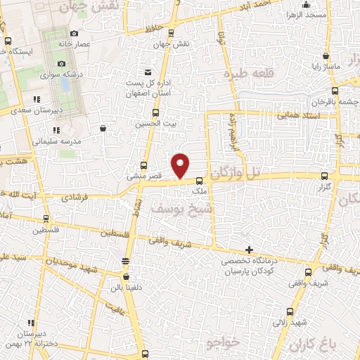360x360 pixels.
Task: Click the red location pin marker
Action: [x=181, y=165]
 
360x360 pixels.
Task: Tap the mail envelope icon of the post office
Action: [x=148, y=73]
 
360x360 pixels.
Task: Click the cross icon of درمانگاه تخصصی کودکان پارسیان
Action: [x=249, y=250]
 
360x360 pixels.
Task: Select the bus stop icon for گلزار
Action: [x=323, y=176]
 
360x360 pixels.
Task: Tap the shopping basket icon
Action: [x=103, y=128]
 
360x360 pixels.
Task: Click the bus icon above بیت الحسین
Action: [x=155, y=112]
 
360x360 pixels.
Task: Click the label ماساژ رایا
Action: [x=326, y=67]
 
